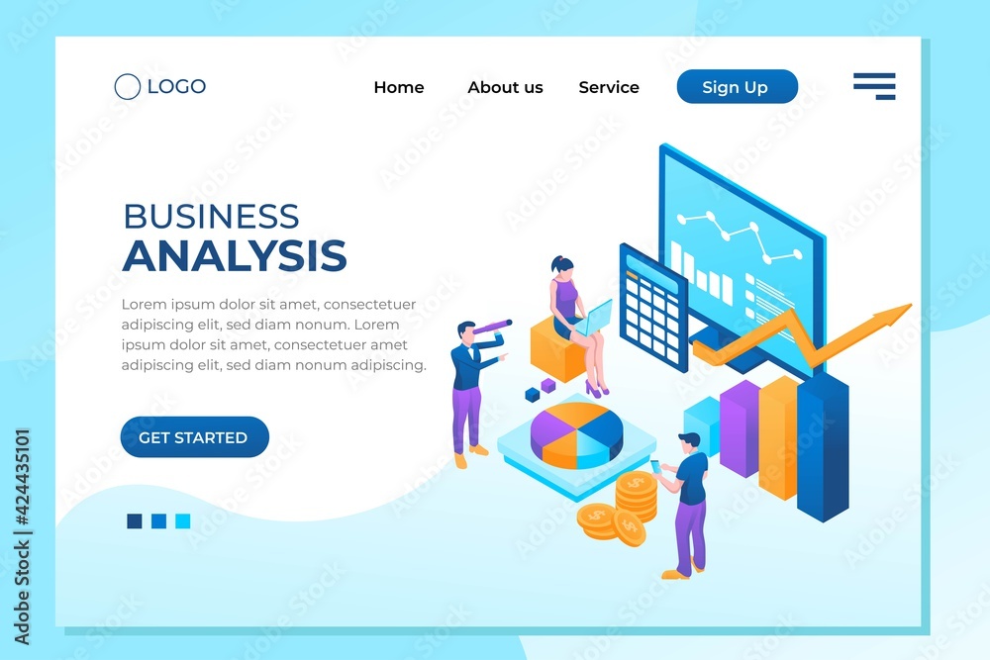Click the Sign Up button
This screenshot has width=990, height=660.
[x=737, y=86]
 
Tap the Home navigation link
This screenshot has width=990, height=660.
[x=398, y=87]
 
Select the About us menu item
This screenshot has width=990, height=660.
[x=505, y=87]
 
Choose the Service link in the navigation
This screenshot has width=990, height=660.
[x=609, y=87]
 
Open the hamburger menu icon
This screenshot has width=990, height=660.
[x=874, y=86]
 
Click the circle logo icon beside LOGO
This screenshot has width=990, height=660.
[x=128, y=86]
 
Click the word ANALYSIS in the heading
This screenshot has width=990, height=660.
[x=235, y=255]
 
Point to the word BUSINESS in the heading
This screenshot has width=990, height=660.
[x=211, y=217]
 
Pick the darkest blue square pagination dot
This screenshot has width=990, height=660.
[x=135, y=520]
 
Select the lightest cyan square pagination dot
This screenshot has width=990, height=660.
[x=182, y=520]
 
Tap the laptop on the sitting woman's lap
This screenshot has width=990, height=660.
[x=594, y=319]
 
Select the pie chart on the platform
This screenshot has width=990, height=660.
[x=576, y=435]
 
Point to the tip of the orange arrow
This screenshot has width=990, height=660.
[x=911, y=305]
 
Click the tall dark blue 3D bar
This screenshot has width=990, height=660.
[x=823, y=446]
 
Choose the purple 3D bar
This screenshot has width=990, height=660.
[x=740, y=428]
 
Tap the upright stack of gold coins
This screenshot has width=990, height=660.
[x=637, y=497]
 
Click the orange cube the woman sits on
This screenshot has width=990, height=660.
[x=555, y=350]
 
